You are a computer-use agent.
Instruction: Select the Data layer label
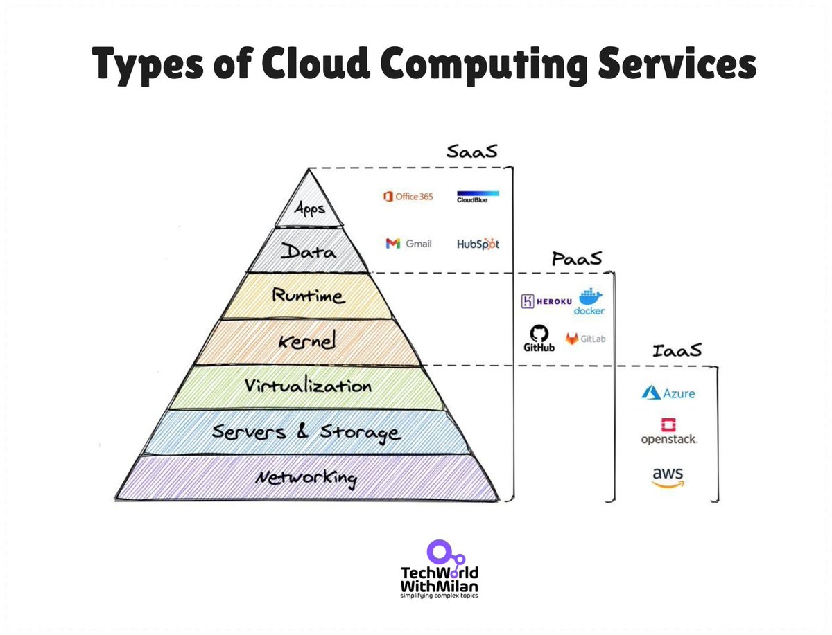pyautogui.click(x=309, y=252)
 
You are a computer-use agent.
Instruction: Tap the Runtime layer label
pyautogui.click(x=307, y=296)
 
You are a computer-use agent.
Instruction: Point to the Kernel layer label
pyautogui.click(x=307, y=341)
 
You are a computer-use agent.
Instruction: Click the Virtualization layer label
pyautogui.click(x=308, y=386)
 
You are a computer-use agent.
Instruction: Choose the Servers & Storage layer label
pyautogui.click(x=306, y=432)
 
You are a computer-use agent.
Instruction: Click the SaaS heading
pyautogui.click(x=471, y=152)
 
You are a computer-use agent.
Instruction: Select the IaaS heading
pyautogui.click(x=677, y=351)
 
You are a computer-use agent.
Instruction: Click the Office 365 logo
pyautogui.click(x=408, y=197)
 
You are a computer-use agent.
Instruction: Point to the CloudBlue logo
pyautogui.click(x=478, y=197)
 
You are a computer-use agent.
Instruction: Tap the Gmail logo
pyautogui.click(x=408, y=243)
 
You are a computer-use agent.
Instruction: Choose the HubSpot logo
pyautogui.click(x=478, y=244)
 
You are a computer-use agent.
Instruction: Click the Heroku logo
pyautogui.click(x=546, y=301)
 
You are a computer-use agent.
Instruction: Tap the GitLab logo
pyautogui.click(x=586, y=339)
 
